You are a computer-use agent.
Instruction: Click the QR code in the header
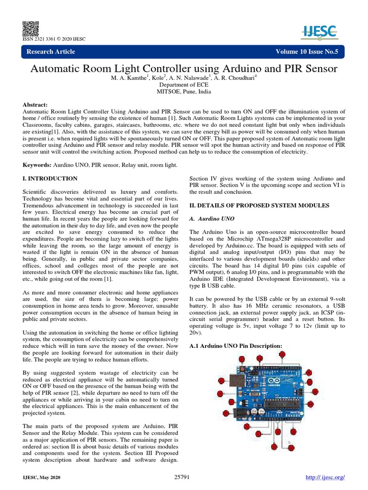30,29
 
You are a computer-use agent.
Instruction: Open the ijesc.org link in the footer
325,478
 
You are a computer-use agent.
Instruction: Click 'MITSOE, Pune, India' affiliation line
184,91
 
